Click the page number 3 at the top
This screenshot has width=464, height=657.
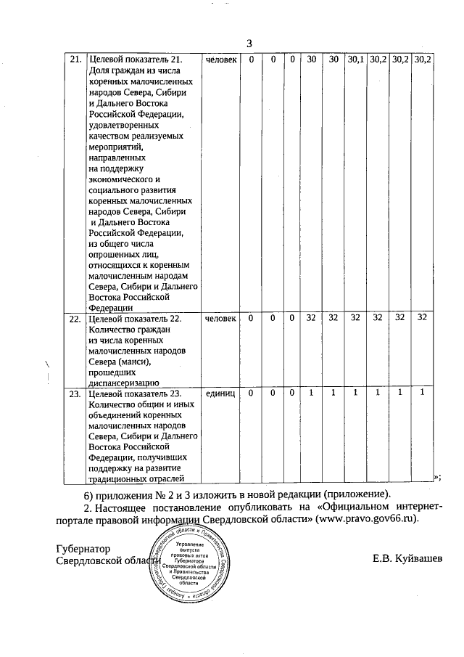pos(249,42)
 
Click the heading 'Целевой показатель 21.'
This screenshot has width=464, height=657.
pos(134,59)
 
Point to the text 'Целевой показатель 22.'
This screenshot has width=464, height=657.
pos(134,318)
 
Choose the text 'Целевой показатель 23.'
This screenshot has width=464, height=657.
pos(134,393)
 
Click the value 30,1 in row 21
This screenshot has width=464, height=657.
pos(355,59)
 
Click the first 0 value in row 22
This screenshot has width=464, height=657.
pos(251,318)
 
